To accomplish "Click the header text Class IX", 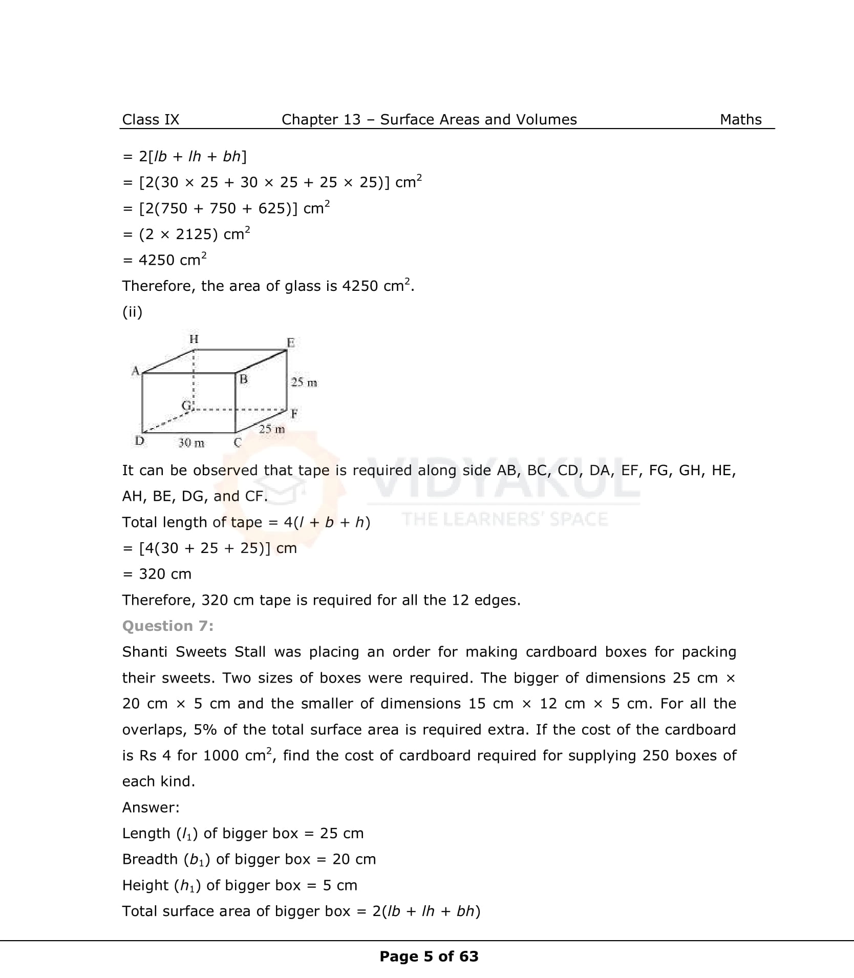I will click(x=151, y=119).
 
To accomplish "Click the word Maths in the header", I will click(x=740, y=119).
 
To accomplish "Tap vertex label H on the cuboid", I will click(x=194, y=339).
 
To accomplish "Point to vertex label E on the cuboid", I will click(x=290, y=343).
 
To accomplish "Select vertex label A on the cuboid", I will click(x=135, y=370).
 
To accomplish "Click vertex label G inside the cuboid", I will click(x=186, y=406).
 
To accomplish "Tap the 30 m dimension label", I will click(x=191, y=443).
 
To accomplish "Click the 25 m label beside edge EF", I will click(x=304, y=382).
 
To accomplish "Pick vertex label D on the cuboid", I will click(x=139, y=440).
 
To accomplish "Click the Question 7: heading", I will click(x=167, y=626).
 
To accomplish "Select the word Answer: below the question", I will click(x=151, y=807).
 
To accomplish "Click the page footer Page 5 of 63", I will click(x=429, y=956).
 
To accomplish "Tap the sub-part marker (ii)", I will click(x=132, y=312).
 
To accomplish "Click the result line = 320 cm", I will click(x=157, y=574).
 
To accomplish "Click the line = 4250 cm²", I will click(x=164, y=260).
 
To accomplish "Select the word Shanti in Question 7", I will click(x=145, y=652).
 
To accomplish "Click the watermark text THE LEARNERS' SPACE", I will click(x=505, y=519).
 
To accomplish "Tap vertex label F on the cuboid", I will click(x=294, y=413).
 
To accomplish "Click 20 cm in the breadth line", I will click(x=354, y=859).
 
